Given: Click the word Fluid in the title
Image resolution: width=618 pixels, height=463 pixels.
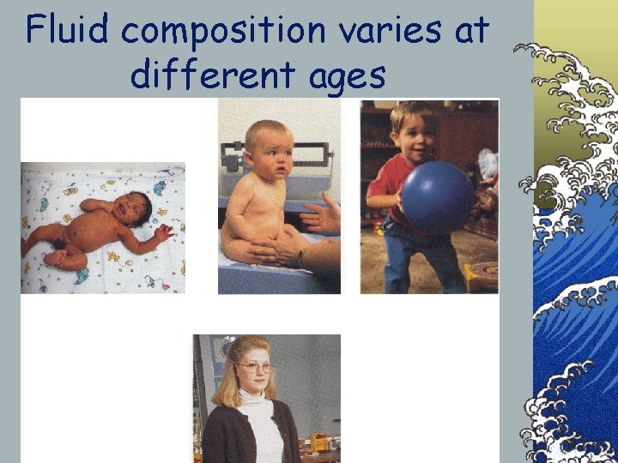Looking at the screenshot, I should (x=68, y=31).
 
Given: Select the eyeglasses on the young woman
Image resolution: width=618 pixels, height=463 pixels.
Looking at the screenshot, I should (x=255, y=367).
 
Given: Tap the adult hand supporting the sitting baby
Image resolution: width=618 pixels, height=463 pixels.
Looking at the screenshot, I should (x=323, y=215).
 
